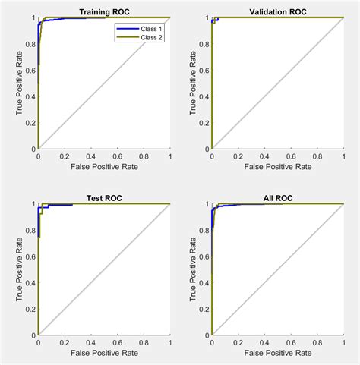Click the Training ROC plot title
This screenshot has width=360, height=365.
103,11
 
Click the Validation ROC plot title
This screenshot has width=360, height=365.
278,11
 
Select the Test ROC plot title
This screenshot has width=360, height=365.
103,198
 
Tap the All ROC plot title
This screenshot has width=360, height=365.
278,198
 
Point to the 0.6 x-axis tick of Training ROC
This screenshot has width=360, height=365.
117,155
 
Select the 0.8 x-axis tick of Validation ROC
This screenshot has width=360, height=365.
317,155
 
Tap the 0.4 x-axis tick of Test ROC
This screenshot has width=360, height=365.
91,341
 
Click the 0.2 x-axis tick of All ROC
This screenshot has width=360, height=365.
238,341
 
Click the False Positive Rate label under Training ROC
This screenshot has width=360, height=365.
103,165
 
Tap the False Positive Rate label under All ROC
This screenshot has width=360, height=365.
278,353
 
